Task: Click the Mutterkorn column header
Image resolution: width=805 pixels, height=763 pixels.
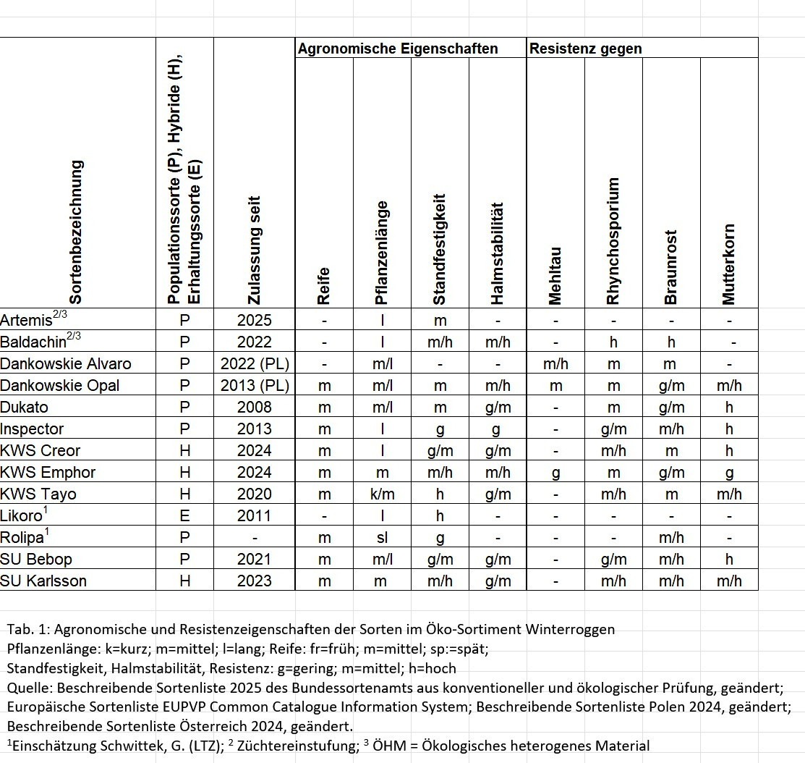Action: (x=728, y=264)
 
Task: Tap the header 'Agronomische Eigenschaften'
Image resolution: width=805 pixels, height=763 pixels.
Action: (x=398, y=49)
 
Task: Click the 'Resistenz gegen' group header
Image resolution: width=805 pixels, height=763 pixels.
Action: (x=586, y=49)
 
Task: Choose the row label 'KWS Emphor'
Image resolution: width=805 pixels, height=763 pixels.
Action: (x=48, y=472)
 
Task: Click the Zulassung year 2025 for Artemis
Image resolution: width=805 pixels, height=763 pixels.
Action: (x=255, y=320)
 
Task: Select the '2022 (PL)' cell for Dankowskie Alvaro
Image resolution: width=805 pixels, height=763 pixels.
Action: (x=255, y=363)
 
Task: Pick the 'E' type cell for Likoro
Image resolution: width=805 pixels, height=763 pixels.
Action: (x=184, y=515)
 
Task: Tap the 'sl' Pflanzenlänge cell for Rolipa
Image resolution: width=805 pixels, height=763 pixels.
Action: (x=382, y=537)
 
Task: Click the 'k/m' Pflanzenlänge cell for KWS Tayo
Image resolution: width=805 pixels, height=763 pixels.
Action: (x=382, y=494)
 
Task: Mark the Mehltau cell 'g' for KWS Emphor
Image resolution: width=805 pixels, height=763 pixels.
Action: (x=555, y=472)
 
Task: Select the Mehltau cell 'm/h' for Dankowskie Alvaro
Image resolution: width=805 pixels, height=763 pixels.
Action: (x=555, y=363)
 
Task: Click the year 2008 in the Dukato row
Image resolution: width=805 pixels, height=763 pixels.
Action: (x=255, y=407)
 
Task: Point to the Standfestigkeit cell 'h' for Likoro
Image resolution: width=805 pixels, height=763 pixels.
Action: (x=440, y=515)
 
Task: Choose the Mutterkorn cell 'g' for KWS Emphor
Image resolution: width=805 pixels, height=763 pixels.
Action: (x=729, y=472)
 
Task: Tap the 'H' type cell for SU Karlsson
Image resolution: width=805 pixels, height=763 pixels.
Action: (x=184, y=581)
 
